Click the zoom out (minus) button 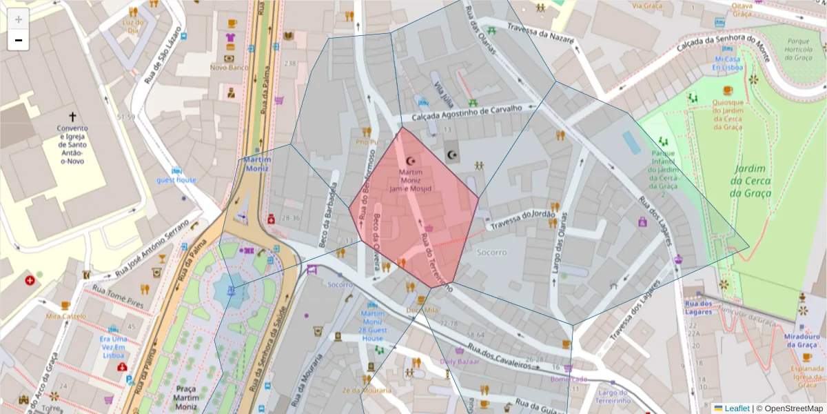[x=19, y=40]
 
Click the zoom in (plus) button [x=19, y=19]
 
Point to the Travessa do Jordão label [x=522, y=219]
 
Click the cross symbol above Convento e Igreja [x=72, y=117]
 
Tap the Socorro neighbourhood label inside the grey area [x=492, y=253]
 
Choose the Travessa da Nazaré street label [x=540, y=33]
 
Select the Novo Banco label [x=229, y=68]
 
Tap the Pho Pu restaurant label [x=367, y=142]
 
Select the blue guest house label [x=176, y=180]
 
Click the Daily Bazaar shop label [x=459, y=361]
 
